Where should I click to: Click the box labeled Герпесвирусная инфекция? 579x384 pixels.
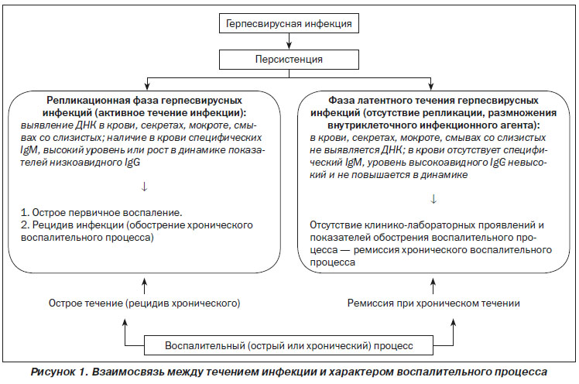click(x=289, y=24)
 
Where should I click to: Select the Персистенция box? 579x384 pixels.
click(x=289, y=60)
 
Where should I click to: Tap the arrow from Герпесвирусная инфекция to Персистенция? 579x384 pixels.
click(x=289, y=41)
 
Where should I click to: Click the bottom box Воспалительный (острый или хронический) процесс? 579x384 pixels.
click(x=289, y=345)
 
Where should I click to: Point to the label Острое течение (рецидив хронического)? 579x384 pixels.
click(x=145, y=303)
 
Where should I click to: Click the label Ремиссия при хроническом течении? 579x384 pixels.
click(x=433, y=303)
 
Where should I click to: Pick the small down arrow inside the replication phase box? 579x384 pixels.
click(x=145, y=187)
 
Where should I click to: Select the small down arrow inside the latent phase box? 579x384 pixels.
click(x=433, y=200)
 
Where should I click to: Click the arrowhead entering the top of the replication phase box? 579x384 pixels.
click(x=148, y=87)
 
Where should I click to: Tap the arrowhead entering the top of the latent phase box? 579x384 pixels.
click(x=430, y=87)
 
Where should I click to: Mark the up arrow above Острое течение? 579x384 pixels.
click(x=145, y=286)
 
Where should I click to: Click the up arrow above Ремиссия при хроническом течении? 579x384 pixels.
click(x=433, y=286)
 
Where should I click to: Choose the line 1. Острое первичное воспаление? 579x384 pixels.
click(x=101, y=213)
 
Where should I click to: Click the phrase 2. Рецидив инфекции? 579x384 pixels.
click(x=73, y=225)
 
